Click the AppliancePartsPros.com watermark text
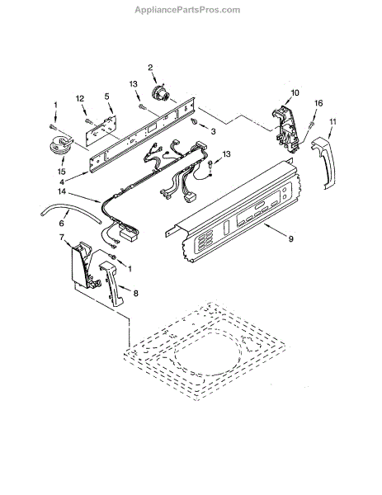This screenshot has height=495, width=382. coord(187,10)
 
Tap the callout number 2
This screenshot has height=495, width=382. coord(150,68)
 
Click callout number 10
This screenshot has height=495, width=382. coord(295,92)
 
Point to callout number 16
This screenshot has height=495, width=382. coord(318,103)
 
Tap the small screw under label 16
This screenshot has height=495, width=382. coord(312,125)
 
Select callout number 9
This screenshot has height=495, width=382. coord(290,238)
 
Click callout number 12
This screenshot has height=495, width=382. coord(80,99)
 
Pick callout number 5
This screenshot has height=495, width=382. coord(106,96)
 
